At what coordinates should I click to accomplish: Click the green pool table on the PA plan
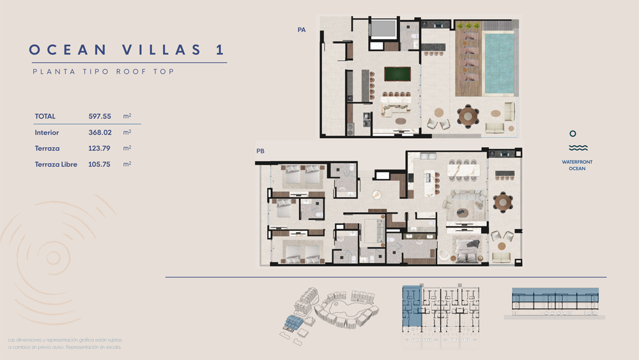[x=397, y=74]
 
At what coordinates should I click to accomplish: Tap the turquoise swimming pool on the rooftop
[x=499, y=63]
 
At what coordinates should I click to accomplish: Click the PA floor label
[x=302, y=30]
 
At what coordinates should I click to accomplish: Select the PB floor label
[x=261, y=151]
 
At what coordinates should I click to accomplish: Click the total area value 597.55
[x=100, y=116]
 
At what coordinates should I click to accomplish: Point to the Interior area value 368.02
[x=100, y=132]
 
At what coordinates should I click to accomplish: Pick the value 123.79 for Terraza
[x=99, y=148]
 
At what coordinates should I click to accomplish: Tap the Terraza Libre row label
[x=56, y=164]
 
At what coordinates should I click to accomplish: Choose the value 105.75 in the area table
[x=99, y=164]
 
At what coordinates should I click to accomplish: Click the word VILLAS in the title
[x=162, y=50]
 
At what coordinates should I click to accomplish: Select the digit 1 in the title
[x=220, y=50]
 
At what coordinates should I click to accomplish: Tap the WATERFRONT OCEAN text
[x=577, y=165]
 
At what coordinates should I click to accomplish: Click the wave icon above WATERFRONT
[x=578, y=148]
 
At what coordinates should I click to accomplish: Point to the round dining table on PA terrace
[x=468, y=116]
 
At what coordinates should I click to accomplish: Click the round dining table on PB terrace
[x=504, y=202]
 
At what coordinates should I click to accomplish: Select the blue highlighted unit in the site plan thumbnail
[x=412, y=306]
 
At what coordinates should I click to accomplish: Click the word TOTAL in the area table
[x=45, y=116]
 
